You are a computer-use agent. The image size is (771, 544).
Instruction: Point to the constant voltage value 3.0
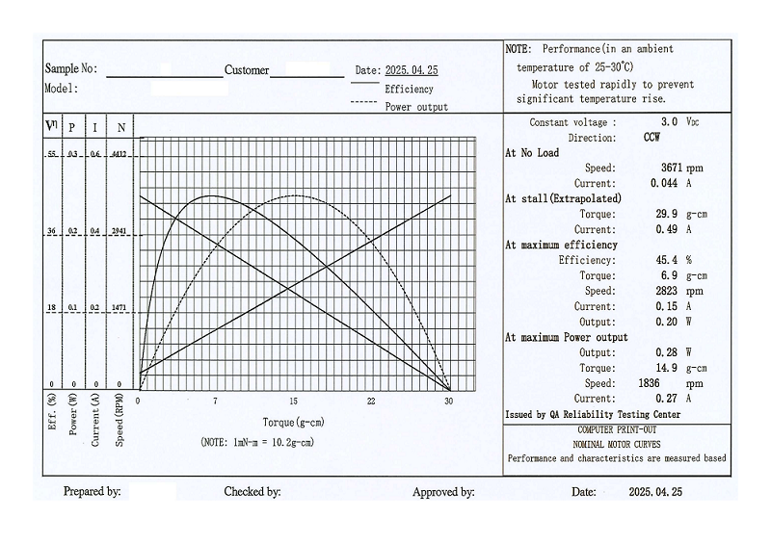pos(669,122)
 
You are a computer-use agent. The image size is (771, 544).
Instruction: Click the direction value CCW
pos(651,138)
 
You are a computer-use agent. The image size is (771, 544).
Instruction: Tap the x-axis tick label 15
pos(293,401)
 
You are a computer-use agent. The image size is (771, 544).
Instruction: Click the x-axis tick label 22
pos(371,401)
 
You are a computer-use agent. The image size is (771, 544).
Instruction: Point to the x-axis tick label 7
pos(215,401)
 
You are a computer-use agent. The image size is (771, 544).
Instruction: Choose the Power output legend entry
pos(416,107)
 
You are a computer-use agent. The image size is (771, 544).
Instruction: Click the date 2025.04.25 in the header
pos(412,70)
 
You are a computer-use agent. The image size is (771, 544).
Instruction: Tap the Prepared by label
pos(92,492)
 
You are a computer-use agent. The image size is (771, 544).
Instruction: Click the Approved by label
pos(443,492)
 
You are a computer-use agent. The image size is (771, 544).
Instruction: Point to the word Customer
pos(247,70)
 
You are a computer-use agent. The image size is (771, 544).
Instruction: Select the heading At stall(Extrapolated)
pos(563,198)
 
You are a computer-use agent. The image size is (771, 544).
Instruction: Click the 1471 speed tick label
pos(120,308)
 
